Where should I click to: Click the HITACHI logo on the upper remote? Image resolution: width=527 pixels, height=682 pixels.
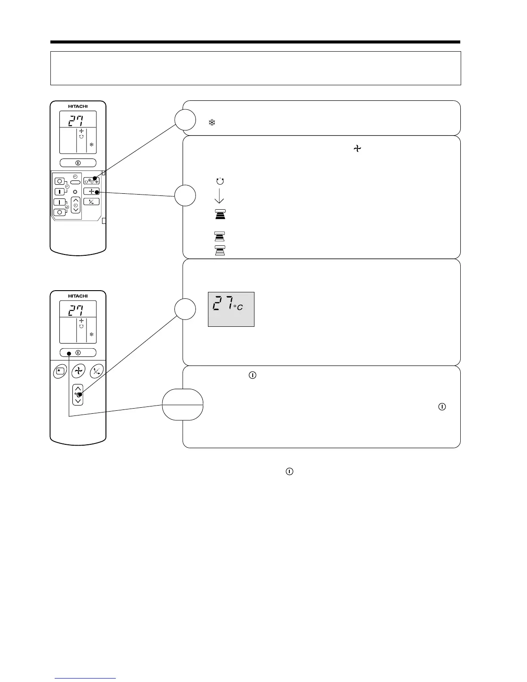pos(78,106)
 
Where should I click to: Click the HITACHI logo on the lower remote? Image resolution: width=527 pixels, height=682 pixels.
pos(78,296)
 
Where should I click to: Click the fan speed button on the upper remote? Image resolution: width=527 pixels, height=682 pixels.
pos(91,192)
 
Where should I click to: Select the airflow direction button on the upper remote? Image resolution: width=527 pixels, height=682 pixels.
pos(91,201)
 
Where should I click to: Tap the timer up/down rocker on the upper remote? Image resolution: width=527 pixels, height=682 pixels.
pos(76,206)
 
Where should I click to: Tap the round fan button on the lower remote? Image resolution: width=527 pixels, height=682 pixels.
pos(78,371)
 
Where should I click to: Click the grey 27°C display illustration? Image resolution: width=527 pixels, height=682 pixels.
pos(231,309)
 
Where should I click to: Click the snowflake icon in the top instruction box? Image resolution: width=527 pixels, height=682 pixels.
pos(212,123)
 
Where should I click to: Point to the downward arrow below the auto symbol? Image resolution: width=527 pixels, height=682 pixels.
pos(219,196)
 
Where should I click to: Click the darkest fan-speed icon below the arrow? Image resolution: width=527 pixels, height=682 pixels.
pos(220,214)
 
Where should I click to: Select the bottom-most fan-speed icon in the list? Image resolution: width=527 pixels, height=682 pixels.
pos(220,251)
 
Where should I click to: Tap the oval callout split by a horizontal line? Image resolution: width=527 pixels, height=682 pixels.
pos(183,404)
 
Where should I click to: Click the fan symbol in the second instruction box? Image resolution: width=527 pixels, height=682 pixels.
pos(357,149)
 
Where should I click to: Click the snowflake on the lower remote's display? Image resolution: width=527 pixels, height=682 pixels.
pos(91,335)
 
